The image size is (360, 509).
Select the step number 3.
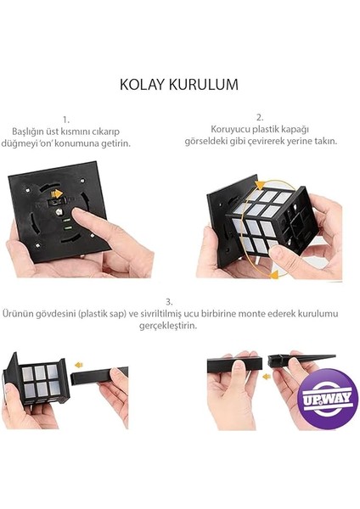click(171, 301)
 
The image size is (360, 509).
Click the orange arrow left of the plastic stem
click(78, 366)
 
